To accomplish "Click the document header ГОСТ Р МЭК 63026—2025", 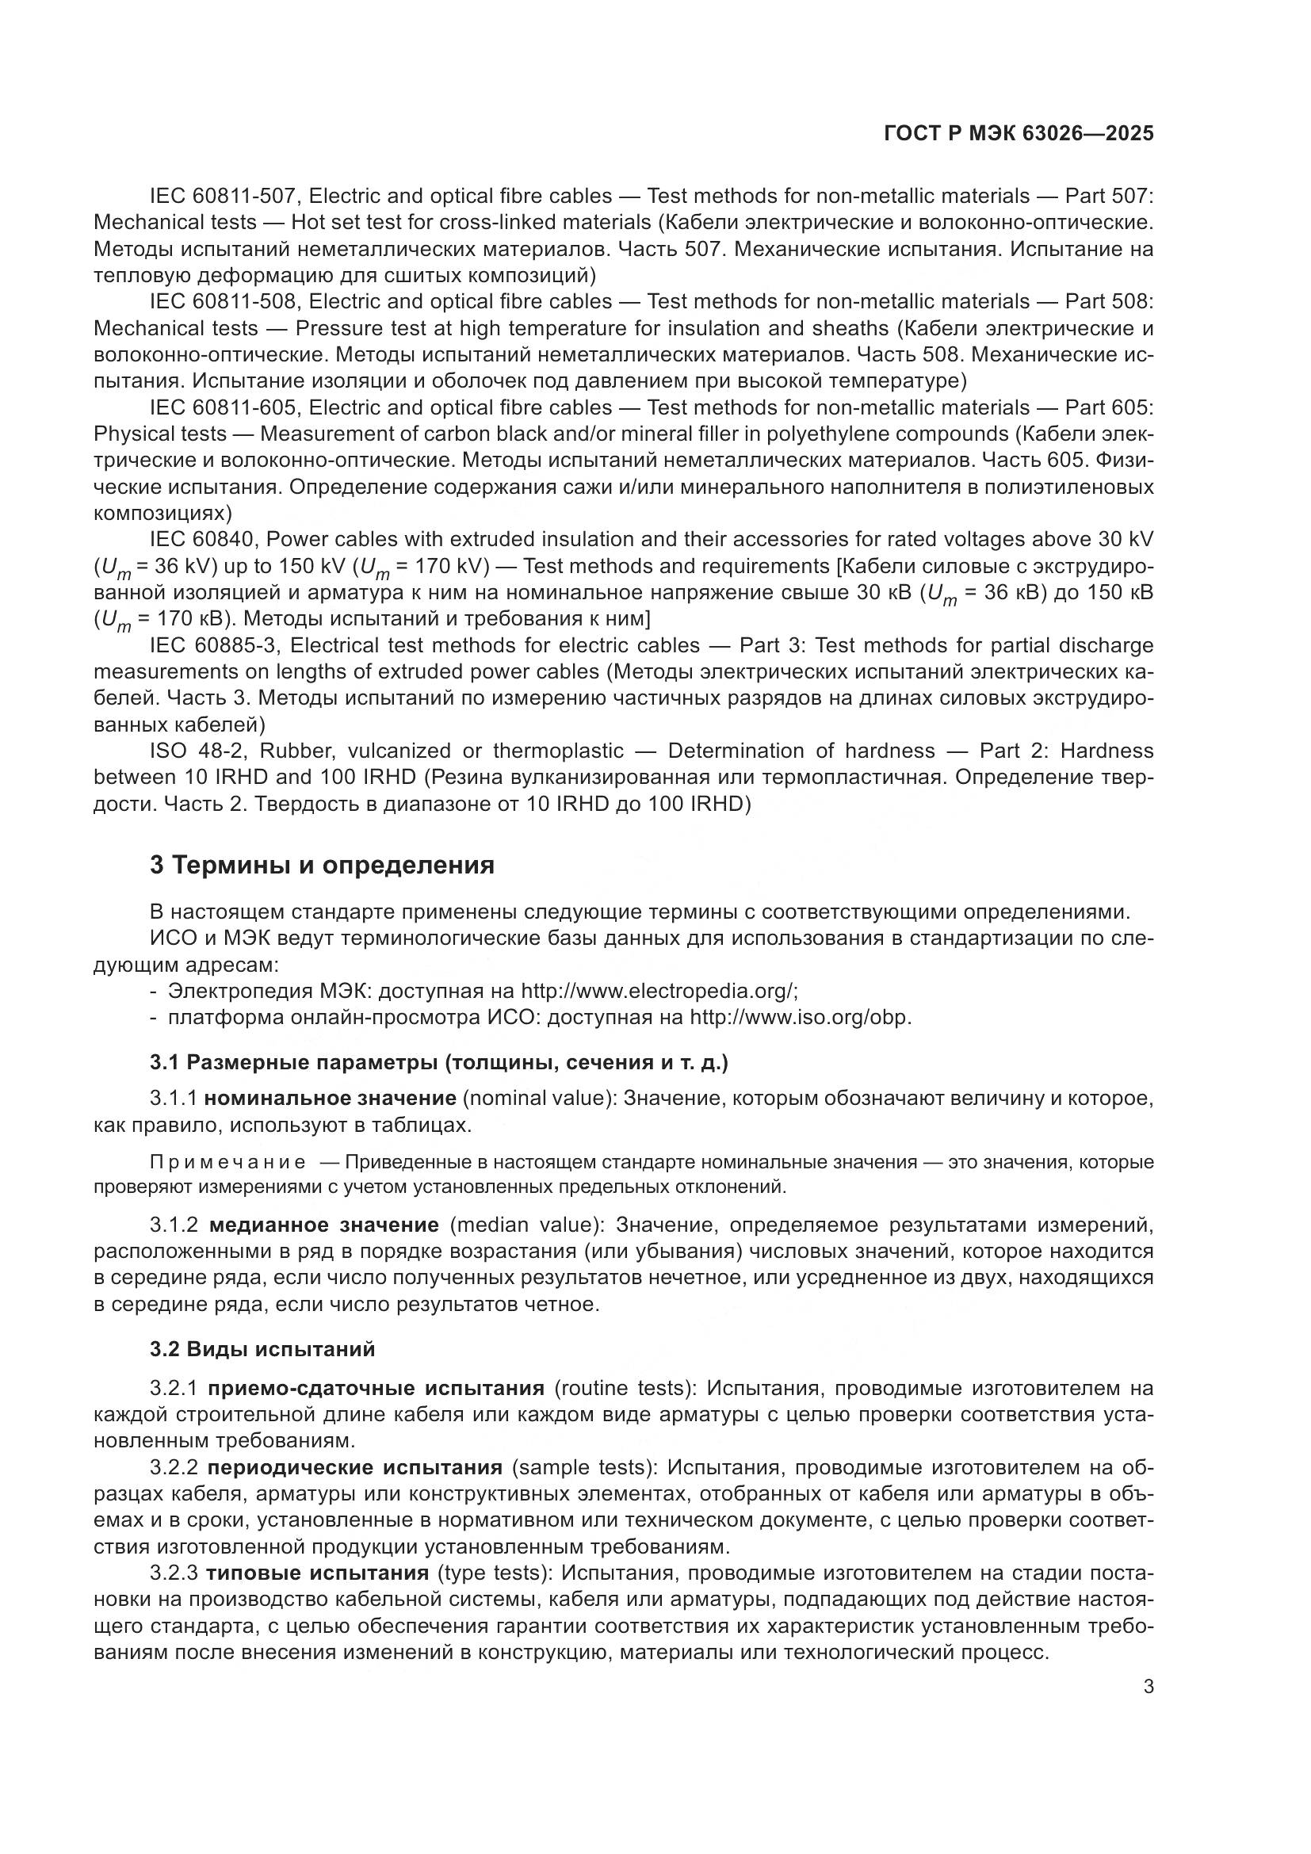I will coord(1018,134).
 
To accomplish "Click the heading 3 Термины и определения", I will coord(322,865).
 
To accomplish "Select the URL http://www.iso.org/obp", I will coord(799,1017).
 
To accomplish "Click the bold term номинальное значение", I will coord(331,1098).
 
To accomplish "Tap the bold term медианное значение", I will coord(323,1225).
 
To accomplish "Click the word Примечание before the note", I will coord(228,1162).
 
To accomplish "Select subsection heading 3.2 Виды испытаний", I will coord(262,1349).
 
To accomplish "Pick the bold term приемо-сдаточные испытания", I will coord(376,1388).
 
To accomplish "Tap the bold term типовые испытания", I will coord(317,1573).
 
